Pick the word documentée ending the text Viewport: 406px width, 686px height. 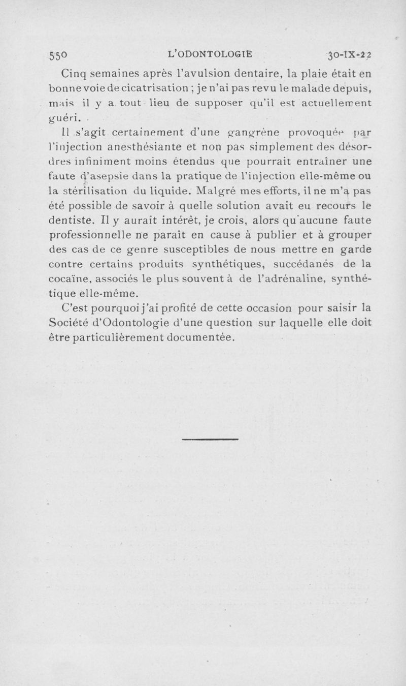coord(202,337)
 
